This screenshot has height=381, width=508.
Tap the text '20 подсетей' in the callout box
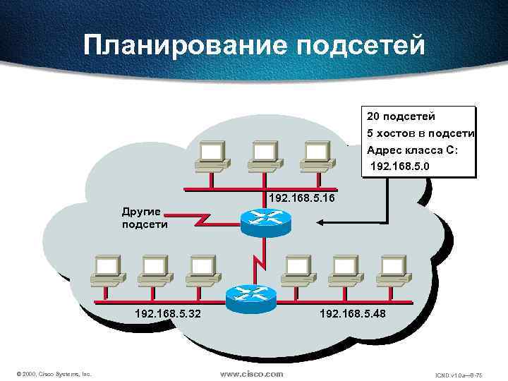[x=401, y=115]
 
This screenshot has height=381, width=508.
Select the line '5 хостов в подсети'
[x=421, y=133]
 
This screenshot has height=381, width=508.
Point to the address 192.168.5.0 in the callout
[x=399, y=167]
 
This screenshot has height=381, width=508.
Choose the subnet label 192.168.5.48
[x=353, y=311]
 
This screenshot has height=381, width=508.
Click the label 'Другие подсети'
[x=145, y=218]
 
